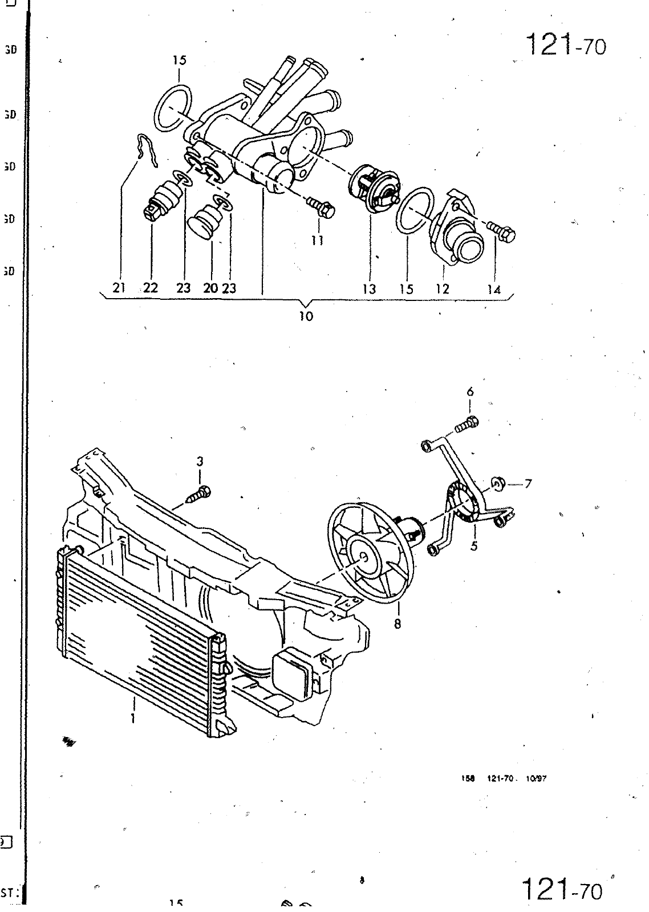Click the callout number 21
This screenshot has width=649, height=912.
pos(119,288)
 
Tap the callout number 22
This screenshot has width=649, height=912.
pos(151,288)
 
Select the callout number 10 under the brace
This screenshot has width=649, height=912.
pos(306,316)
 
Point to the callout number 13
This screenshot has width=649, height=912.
pos(369,289)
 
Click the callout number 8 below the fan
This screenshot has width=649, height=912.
pos(397,624)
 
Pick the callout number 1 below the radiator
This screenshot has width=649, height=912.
pos(133,718)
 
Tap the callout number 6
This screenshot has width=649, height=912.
pos(470,392)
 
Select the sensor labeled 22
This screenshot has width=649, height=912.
pos(161,199)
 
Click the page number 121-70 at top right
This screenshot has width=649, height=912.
pos(565,44)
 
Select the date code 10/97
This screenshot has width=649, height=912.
pos(537,779)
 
